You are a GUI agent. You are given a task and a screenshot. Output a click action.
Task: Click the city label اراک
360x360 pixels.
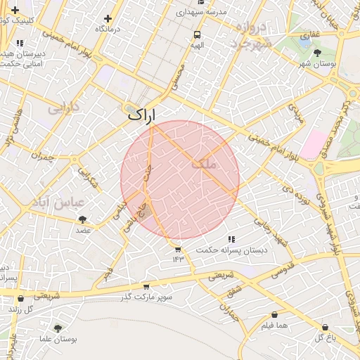[x=143, y=115]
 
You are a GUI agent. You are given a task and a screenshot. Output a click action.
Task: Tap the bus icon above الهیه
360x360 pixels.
[x=198, y=34]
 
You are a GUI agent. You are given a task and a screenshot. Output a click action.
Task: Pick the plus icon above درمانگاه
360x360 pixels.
[x=108, y=19]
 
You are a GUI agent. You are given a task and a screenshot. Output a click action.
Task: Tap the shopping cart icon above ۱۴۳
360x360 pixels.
[x=177, y=249]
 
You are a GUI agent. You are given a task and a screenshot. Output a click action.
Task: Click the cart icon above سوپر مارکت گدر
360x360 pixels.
[x=146, y=286]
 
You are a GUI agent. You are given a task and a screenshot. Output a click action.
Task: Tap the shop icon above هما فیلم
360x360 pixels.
[x=274, y=315]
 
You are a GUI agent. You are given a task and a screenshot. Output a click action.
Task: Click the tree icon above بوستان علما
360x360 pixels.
[x=58, y=328]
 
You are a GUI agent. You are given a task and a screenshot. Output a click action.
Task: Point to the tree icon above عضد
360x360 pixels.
[x=83, y=219]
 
